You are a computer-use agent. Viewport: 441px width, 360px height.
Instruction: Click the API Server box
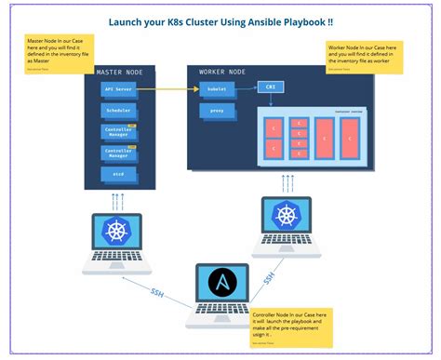pos(118,89)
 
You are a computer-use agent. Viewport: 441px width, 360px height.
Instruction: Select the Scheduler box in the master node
pos(118,111)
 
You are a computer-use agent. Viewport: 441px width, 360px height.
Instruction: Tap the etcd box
pos(118,174)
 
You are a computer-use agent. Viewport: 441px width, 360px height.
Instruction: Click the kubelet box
pos(217,89)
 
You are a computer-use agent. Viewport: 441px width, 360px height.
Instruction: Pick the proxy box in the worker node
pos(216,111)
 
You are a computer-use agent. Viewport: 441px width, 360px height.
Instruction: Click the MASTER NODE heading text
pos(121,71)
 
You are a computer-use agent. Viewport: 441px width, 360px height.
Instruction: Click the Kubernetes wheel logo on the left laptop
pos(116,232)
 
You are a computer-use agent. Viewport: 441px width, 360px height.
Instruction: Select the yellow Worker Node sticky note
pos(364,57)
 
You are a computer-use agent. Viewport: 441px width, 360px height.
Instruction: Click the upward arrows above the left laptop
pos(116,201)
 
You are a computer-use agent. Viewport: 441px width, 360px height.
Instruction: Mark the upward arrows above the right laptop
pos(287,182)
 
